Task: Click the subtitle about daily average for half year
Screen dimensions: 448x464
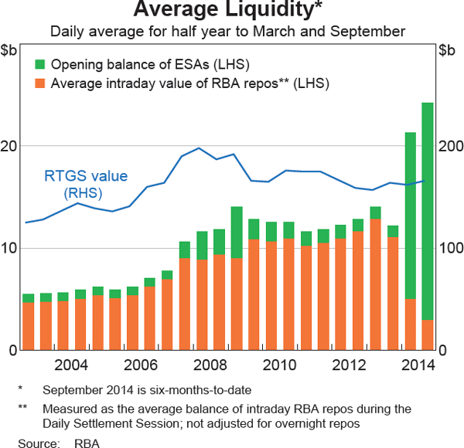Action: pyautogui.click(x=228, y=32)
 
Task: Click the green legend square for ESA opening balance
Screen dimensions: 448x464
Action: pyautogui.click(x=39, y=64)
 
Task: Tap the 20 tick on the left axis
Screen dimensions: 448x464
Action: pyautogui.click(x=9, y=146)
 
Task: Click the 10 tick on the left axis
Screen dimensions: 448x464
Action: pyautogui.click(x=9, y=248)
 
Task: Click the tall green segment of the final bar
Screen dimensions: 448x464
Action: pyautogui.click(x=427, y=209)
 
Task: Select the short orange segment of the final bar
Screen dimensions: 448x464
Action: pyautogui.click(x=427, y=334)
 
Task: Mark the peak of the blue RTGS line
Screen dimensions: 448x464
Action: pyautogui.click(x=199, y=148)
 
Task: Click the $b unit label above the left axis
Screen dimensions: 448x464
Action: pyautogui.click(x=11, y=52)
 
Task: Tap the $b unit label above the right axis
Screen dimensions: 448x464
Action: pyautogui.click(x=448, y=52)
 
